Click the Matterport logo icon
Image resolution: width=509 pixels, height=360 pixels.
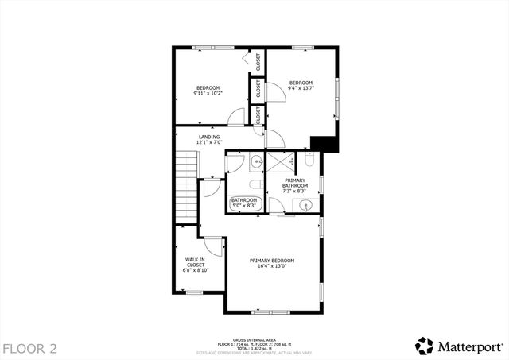pos(425,346)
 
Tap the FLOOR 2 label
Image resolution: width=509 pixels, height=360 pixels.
pos(29,348)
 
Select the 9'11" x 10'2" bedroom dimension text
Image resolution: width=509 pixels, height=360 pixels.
pos(208,93)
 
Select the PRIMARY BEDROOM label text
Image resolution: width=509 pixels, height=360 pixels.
pos(272,261)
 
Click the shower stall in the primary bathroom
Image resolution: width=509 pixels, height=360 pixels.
pos(279,162)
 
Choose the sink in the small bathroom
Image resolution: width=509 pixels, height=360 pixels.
pos(256,163)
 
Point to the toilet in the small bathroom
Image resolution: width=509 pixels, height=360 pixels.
pos(254,184)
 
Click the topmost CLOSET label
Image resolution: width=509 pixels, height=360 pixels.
pos(258,62)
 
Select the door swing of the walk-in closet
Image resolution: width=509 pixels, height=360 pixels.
pos(211,247)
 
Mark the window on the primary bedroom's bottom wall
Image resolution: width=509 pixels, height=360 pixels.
pos(272,312)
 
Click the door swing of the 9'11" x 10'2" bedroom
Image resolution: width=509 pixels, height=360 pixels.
pos(237,118)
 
